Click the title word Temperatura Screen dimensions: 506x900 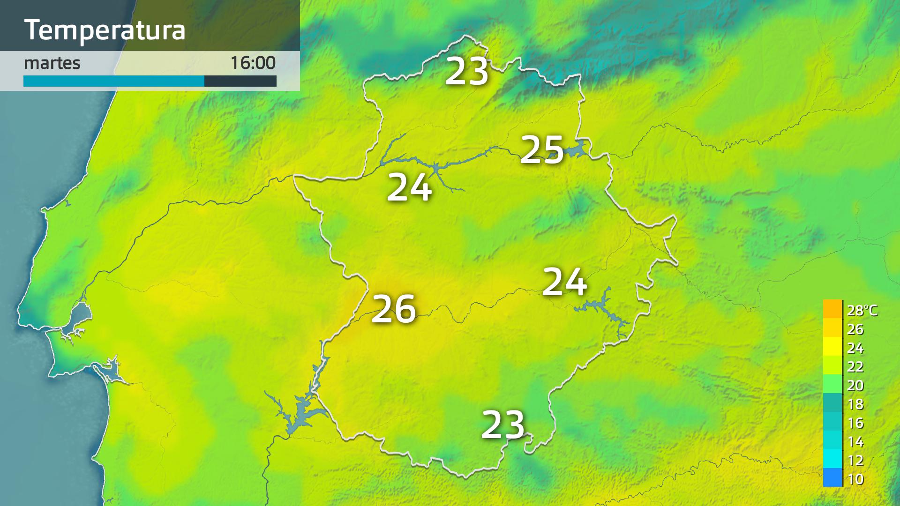105,30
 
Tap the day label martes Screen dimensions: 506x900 52,63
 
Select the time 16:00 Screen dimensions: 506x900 253,63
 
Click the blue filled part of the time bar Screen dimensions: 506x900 114,81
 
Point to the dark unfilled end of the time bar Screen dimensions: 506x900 240,81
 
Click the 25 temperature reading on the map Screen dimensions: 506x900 542,150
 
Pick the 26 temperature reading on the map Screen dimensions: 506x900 394,309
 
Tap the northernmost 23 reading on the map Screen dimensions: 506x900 466,72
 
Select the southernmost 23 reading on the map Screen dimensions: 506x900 503,425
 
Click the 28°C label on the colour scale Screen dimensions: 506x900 862,310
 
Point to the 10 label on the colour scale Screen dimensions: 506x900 855,479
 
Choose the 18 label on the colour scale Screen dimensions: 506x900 855,404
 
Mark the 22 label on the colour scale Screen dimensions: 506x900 855,366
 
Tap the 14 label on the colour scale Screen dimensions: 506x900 855,441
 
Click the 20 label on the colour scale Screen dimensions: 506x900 855,385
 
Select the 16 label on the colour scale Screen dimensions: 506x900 855,423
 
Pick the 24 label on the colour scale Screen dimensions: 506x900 855,348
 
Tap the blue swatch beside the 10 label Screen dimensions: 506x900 832,478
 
